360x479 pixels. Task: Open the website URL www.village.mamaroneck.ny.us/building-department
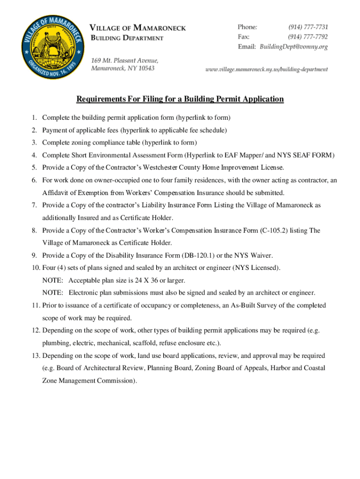[x=267, y=69]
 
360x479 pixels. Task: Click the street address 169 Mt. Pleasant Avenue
[x=125, y=60]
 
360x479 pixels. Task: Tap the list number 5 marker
[x=35, y=167]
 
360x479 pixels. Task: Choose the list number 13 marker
[x=36, y=356]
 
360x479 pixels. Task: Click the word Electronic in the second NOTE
[x=85, y=293]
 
